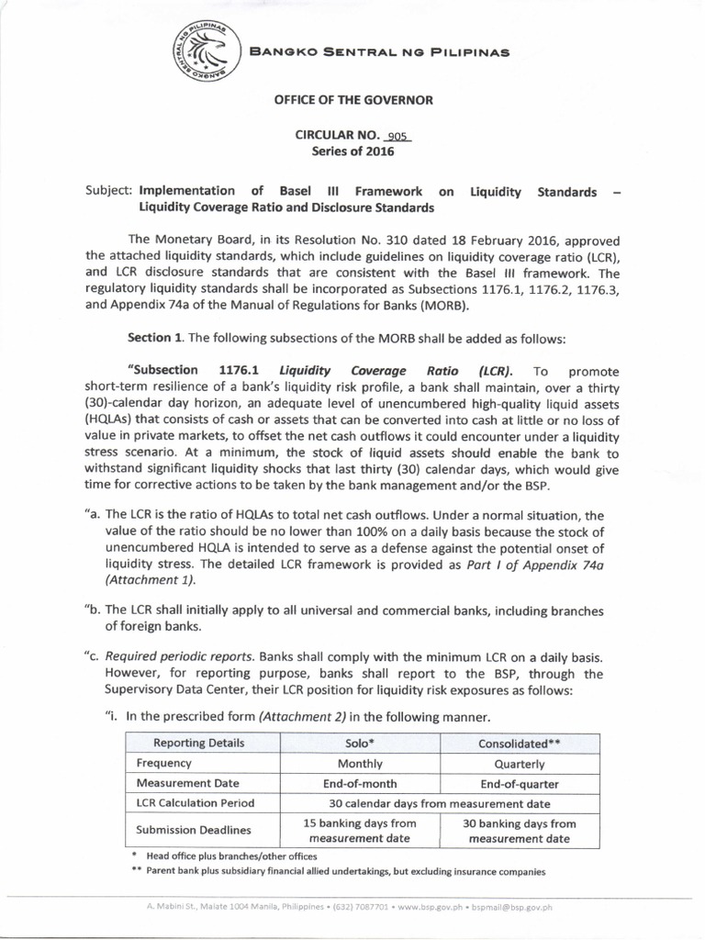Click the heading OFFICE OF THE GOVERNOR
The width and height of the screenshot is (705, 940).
click(352, 99)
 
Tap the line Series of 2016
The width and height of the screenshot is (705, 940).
click(352, 151)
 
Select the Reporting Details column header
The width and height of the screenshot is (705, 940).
click(199, 743)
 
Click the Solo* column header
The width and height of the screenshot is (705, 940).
click(361, 743)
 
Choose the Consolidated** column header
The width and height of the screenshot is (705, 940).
click(520, 743)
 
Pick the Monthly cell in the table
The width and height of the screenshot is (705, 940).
click(360, 763)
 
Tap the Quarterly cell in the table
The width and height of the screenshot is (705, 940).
click(520, 763)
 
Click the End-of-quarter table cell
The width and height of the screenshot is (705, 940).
click(520, 783)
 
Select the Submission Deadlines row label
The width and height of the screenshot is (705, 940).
click(194, 830)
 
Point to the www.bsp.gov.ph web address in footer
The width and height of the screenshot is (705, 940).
click(425, 907)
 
